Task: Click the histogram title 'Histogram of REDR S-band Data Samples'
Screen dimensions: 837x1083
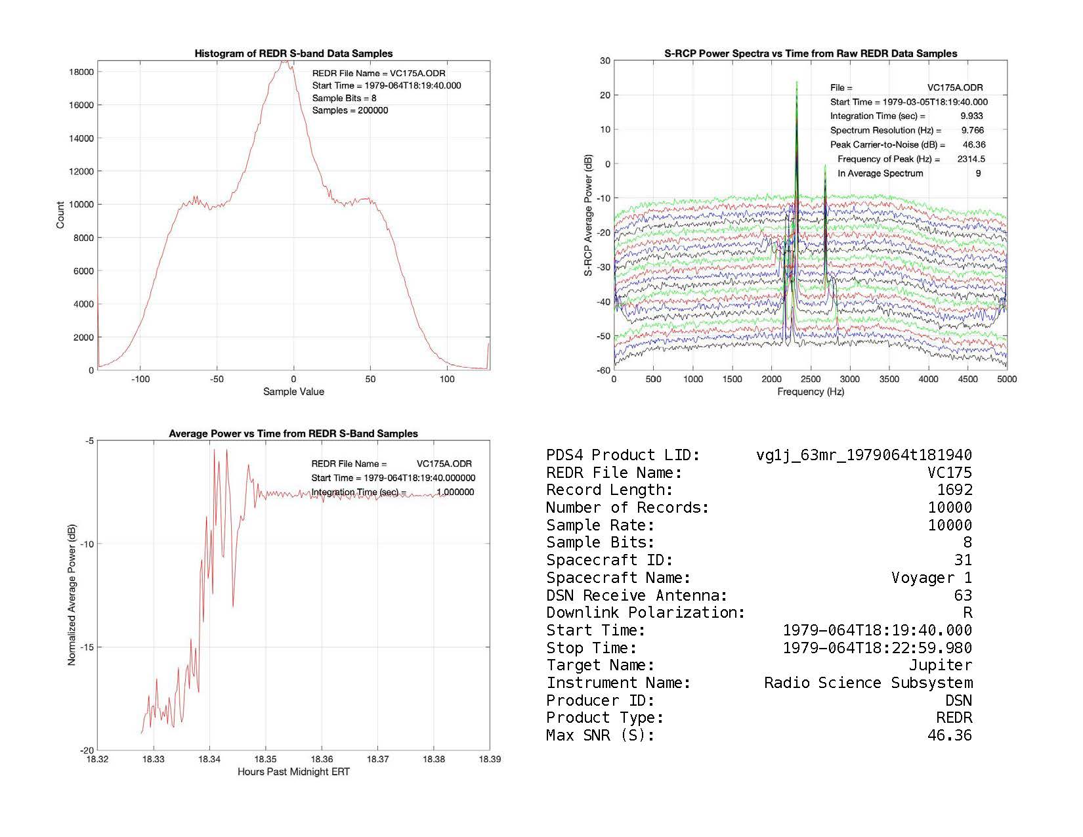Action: coord(293,54)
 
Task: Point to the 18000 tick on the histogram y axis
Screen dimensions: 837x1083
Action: coord(81,72)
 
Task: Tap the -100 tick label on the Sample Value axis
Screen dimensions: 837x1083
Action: coord(140,379)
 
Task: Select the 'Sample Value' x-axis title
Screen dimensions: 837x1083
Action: coord(293,392)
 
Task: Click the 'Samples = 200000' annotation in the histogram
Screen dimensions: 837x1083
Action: coord(350,110)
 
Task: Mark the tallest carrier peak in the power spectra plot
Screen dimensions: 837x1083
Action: coord(796,83)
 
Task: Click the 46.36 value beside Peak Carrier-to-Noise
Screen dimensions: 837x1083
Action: coord(973,144)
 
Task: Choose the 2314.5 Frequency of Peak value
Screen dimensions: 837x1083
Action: coord(971,159)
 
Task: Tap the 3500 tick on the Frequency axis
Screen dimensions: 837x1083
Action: coord(889,379)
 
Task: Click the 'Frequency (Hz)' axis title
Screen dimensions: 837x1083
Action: coord(811,392)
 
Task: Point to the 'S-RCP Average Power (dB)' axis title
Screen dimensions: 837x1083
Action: coord(589,215)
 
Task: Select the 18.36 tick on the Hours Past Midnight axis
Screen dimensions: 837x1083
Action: coord(322,759)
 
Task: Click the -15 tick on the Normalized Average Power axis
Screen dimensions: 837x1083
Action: coord(86,647)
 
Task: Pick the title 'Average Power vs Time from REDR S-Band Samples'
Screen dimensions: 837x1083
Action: coord(293,434)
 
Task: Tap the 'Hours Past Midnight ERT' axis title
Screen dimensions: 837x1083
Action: coord(293,772)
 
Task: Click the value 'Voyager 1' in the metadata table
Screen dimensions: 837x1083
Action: coord(931,578)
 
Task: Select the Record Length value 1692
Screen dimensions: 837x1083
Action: coord(954,490)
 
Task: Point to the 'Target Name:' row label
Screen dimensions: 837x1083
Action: coord(600,666)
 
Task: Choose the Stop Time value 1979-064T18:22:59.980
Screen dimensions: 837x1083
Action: coord(877,648)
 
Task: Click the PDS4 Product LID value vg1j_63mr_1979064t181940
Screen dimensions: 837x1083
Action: coord(864,455)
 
